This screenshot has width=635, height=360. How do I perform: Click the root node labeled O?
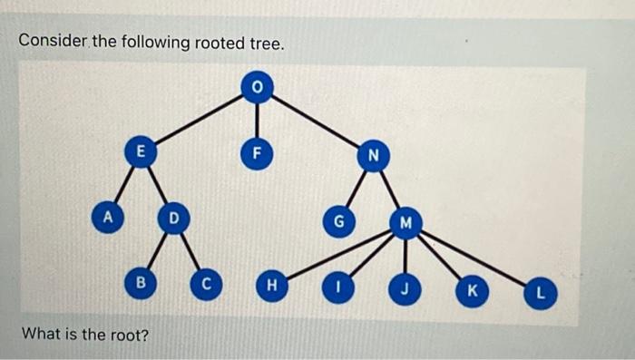coord(257,86)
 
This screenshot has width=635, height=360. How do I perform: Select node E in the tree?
coord(140,152)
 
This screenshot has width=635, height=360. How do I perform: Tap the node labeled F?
coord(257,152)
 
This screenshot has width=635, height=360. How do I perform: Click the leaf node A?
coord(107,218)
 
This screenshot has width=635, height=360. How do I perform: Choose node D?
coord(172,218)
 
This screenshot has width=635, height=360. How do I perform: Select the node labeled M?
coord(405,223)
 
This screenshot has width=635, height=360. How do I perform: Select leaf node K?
coord(472,293)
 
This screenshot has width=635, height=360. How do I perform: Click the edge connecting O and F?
coord(257,119)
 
